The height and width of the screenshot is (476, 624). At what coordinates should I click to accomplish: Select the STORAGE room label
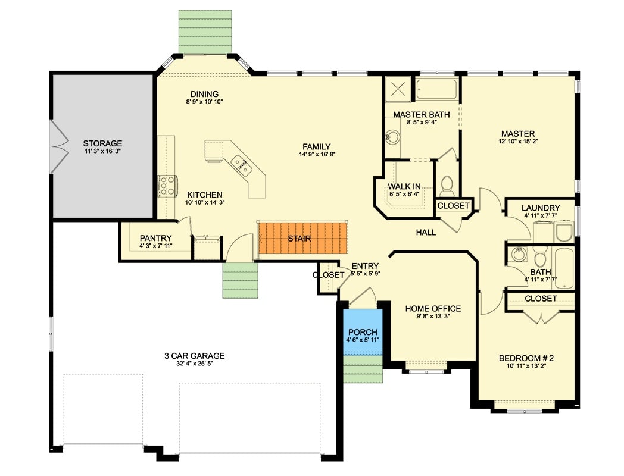coord(102,143)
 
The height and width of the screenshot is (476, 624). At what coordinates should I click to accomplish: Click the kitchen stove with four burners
coord(167,185)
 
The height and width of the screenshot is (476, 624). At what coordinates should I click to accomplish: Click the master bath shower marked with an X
coord(398,89)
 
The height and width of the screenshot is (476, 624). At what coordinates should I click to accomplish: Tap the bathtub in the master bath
coord(436,90)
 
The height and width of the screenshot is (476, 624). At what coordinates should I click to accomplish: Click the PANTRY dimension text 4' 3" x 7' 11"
coord(156,246)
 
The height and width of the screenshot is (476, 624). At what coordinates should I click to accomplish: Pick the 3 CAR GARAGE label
coord(195,356)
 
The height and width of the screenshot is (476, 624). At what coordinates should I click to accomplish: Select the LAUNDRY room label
coord(540,208)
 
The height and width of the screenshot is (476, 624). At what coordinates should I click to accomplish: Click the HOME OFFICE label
coord(433,308)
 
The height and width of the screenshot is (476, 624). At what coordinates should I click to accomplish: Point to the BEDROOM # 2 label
coord(526,358)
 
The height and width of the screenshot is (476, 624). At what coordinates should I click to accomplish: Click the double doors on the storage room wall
coord(58,146)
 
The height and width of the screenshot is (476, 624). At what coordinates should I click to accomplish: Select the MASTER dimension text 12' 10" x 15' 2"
coord(517,142)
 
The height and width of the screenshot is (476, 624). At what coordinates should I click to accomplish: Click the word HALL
coord(426,233)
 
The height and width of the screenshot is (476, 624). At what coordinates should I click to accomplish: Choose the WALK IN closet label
coord(405,186)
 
